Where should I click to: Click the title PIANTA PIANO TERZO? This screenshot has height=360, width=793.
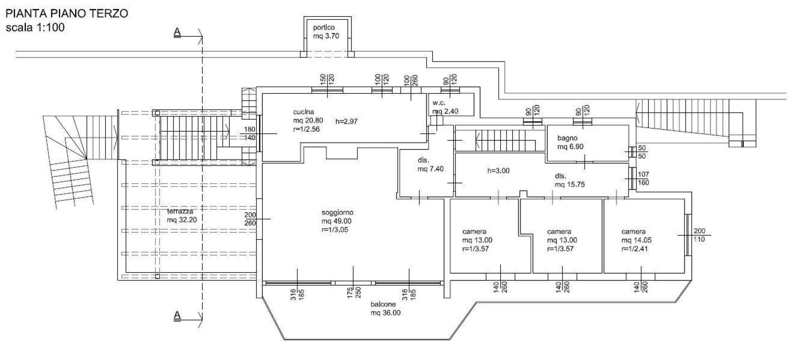click(x=66, y=13)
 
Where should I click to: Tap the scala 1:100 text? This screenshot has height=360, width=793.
click(x=35, y=28)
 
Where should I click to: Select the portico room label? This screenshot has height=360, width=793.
click(x=326, y=32)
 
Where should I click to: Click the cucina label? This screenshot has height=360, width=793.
click(x=308, y=120)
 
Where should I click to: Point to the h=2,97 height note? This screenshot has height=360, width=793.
click(x=347, y=121)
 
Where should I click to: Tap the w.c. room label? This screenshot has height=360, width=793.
click(x=445, y=107)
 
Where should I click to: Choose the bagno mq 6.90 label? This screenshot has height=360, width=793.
click(x=570, y=142)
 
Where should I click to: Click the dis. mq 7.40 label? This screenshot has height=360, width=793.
click(x=430, y=164)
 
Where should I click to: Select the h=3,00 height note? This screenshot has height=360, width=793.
click(x=499, y=171)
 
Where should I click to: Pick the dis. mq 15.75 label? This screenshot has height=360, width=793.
click(x=570, y=180)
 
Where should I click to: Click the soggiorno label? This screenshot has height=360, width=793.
click(x=337, y=221)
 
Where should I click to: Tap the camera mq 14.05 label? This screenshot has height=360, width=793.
click(x=636, y=240)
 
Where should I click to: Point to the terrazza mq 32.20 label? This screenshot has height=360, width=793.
click(x=182, y=216)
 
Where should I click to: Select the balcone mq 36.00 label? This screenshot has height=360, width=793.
click(x=385, y=308)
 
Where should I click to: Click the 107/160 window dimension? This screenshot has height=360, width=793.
click(x=643, y=178)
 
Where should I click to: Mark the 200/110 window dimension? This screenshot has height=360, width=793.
click(x=699, y=235)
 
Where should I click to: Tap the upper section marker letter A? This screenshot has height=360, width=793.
click(x=177, y=32)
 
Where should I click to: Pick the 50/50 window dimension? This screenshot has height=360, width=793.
click(x=642, y=152)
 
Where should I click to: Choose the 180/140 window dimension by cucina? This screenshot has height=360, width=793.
click(x=250, y=133)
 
